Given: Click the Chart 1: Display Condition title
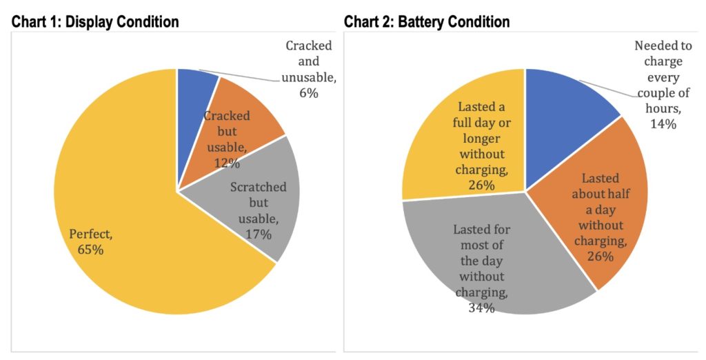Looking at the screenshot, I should (x=95, y=22).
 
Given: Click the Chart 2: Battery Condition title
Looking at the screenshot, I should (x=427, y=22).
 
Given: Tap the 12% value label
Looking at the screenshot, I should (x=226, y=163).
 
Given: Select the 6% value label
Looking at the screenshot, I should (x=308, y=92).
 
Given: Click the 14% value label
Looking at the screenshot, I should (x=663, y=124).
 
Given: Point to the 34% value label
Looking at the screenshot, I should (x=481, y=308).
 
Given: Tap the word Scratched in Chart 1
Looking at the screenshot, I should (x=259, y=186).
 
